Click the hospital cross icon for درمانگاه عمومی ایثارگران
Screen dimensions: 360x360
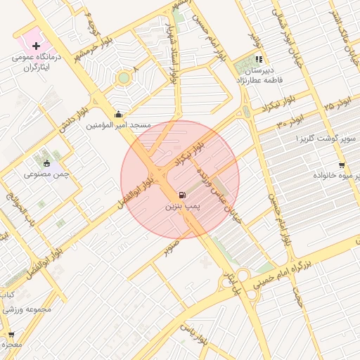(x=36, y=46)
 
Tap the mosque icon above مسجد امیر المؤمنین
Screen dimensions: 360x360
(x=117, y=115)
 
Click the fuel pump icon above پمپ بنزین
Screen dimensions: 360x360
(x=183, y=195)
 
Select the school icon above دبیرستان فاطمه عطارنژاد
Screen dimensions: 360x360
(x=259, y=60)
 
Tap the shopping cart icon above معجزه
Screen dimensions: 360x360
(x=11, y=335)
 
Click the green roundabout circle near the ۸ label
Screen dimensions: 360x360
(x=124, y=77)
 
